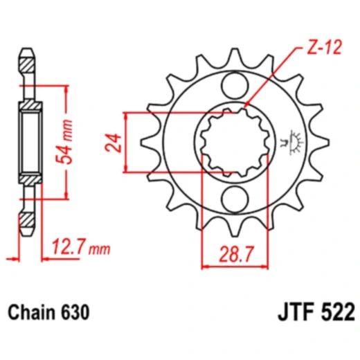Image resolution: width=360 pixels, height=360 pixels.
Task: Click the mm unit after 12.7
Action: pyautogui.click(x=101, y=247)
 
